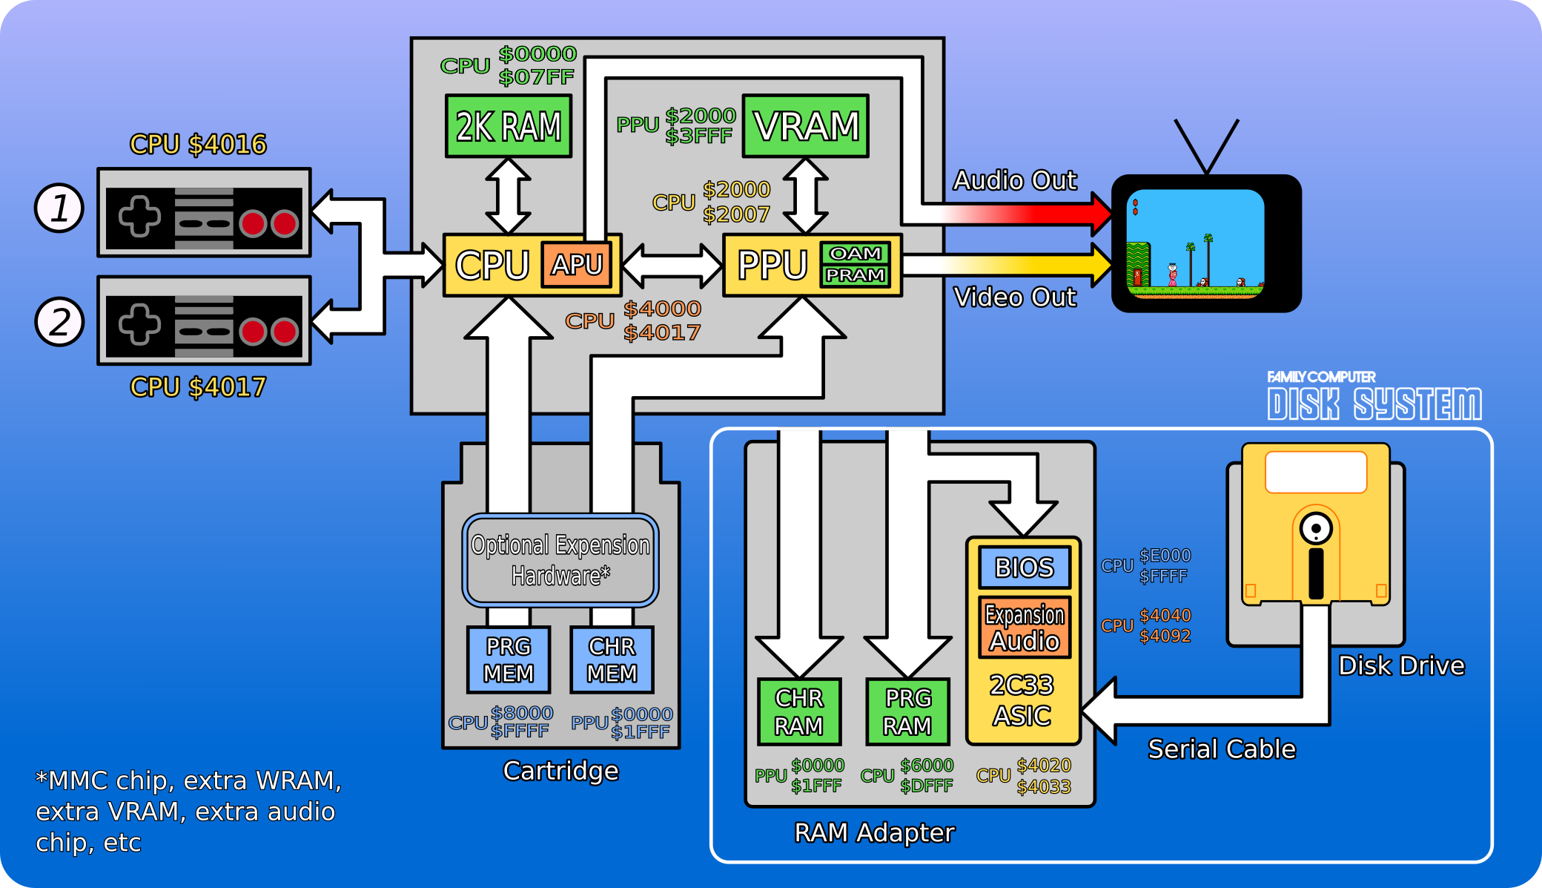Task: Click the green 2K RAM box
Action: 509,126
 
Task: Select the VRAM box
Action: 806,126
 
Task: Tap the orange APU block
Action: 577,264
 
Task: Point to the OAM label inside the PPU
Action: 856,254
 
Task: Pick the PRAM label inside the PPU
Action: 856,275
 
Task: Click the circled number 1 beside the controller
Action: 59,208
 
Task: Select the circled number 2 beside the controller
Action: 59,322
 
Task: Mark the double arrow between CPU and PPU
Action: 672,266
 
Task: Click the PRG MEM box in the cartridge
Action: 509,660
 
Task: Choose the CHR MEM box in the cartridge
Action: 612,660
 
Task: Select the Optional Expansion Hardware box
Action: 560,560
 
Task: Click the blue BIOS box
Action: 1024,568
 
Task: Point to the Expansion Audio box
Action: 1025,628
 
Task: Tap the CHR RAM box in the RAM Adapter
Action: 799,711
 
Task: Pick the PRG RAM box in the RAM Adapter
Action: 907,711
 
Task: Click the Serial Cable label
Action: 1222,749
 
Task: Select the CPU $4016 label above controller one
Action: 198,144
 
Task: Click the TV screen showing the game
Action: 1195,243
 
